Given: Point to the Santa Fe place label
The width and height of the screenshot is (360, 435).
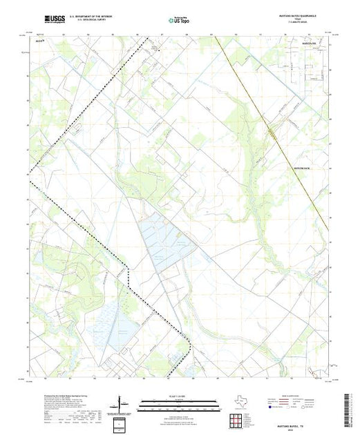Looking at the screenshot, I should click(x=307, y=45).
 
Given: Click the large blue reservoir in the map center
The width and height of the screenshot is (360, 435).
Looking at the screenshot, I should click(x=164, y=239).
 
